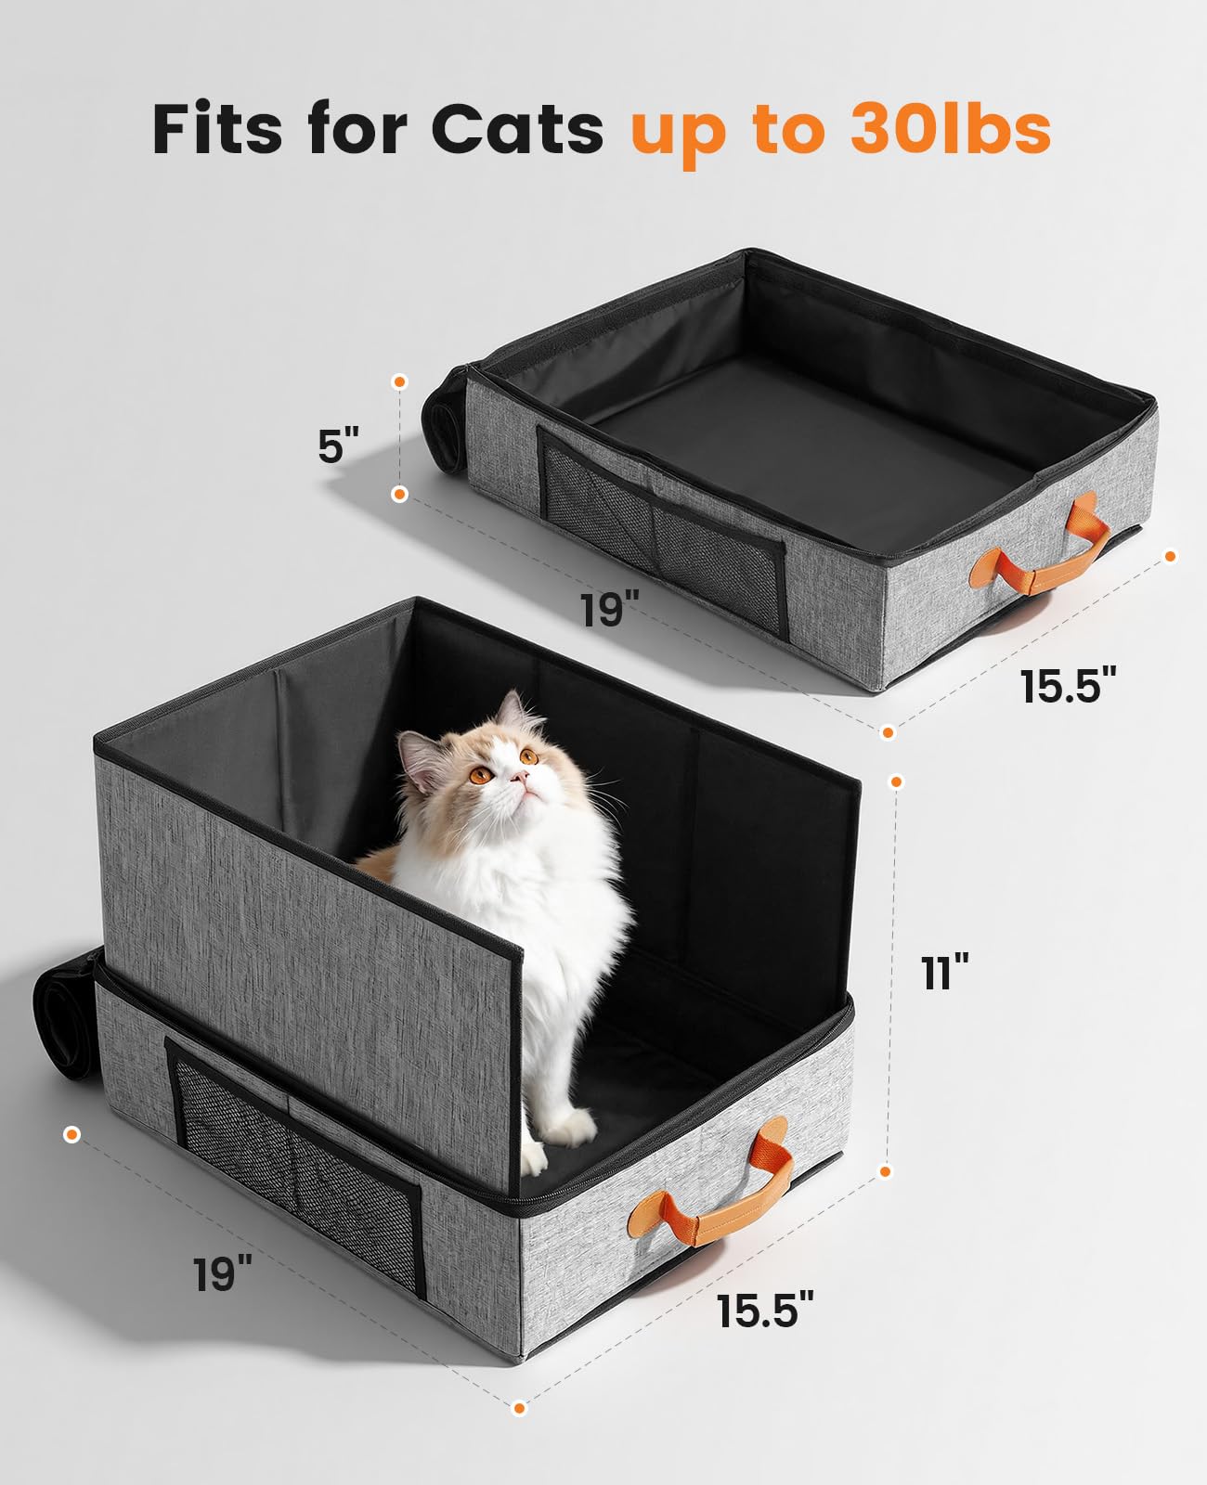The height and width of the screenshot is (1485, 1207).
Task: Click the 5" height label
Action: pos(338,445)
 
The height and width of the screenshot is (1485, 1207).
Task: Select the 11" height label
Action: pos(945,974)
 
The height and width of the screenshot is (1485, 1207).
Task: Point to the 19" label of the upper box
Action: pos(610,610)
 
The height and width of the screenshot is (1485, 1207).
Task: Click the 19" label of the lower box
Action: pos(223,1273)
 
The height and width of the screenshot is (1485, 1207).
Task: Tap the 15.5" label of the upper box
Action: pos(1067,687)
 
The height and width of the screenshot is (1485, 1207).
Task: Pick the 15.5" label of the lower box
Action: pos(764,1311)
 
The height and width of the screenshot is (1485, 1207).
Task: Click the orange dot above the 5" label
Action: pos(399,381)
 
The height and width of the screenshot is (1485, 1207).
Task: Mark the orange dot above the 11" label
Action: pos(896,781)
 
